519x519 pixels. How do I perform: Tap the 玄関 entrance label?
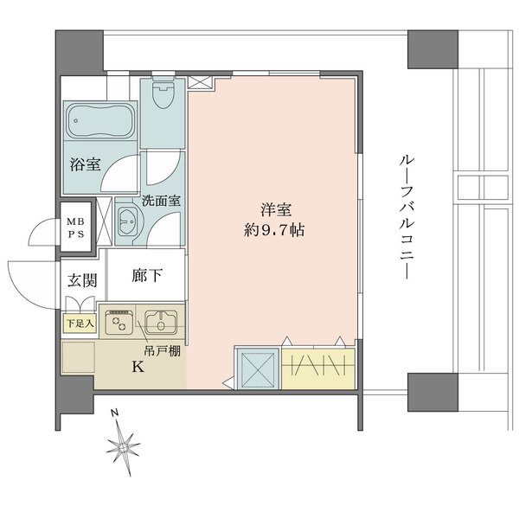point(82,280)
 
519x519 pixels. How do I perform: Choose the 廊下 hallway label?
point(148,278)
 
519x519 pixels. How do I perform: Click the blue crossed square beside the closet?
point(256,368)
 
